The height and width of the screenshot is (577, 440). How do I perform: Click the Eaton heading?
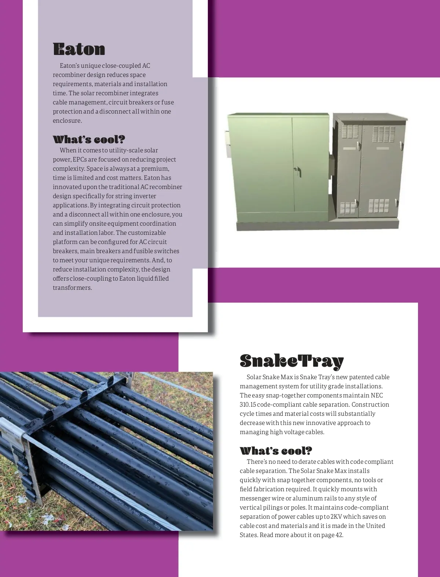click(x=79, y=49)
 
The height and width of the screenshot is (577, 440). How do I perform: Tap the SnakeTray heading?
click(x=291, y=361)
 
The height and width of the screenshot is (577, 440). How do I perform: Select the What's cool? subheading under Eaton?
click(x=89, y=140)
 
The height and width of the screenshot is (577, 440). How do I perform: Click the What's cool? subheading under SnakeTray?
click(x=276, y=451)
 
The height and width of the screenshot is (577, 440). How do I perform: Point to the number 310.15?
click(x=248, y=404)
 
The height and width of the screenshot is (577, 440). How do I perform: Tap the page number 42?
click(x=339, y=535)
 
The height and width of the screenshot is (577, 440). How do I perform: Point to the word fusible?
click(x=143, y=251)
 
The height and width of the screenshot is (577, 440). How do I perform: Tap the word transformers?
click(x=72, y=288)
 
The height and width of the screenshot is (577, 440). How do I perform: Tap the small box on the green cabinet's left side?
click(x=226, y=141)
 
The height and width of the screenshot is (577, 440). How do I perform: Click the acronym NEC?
click(x=377, y=395)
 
